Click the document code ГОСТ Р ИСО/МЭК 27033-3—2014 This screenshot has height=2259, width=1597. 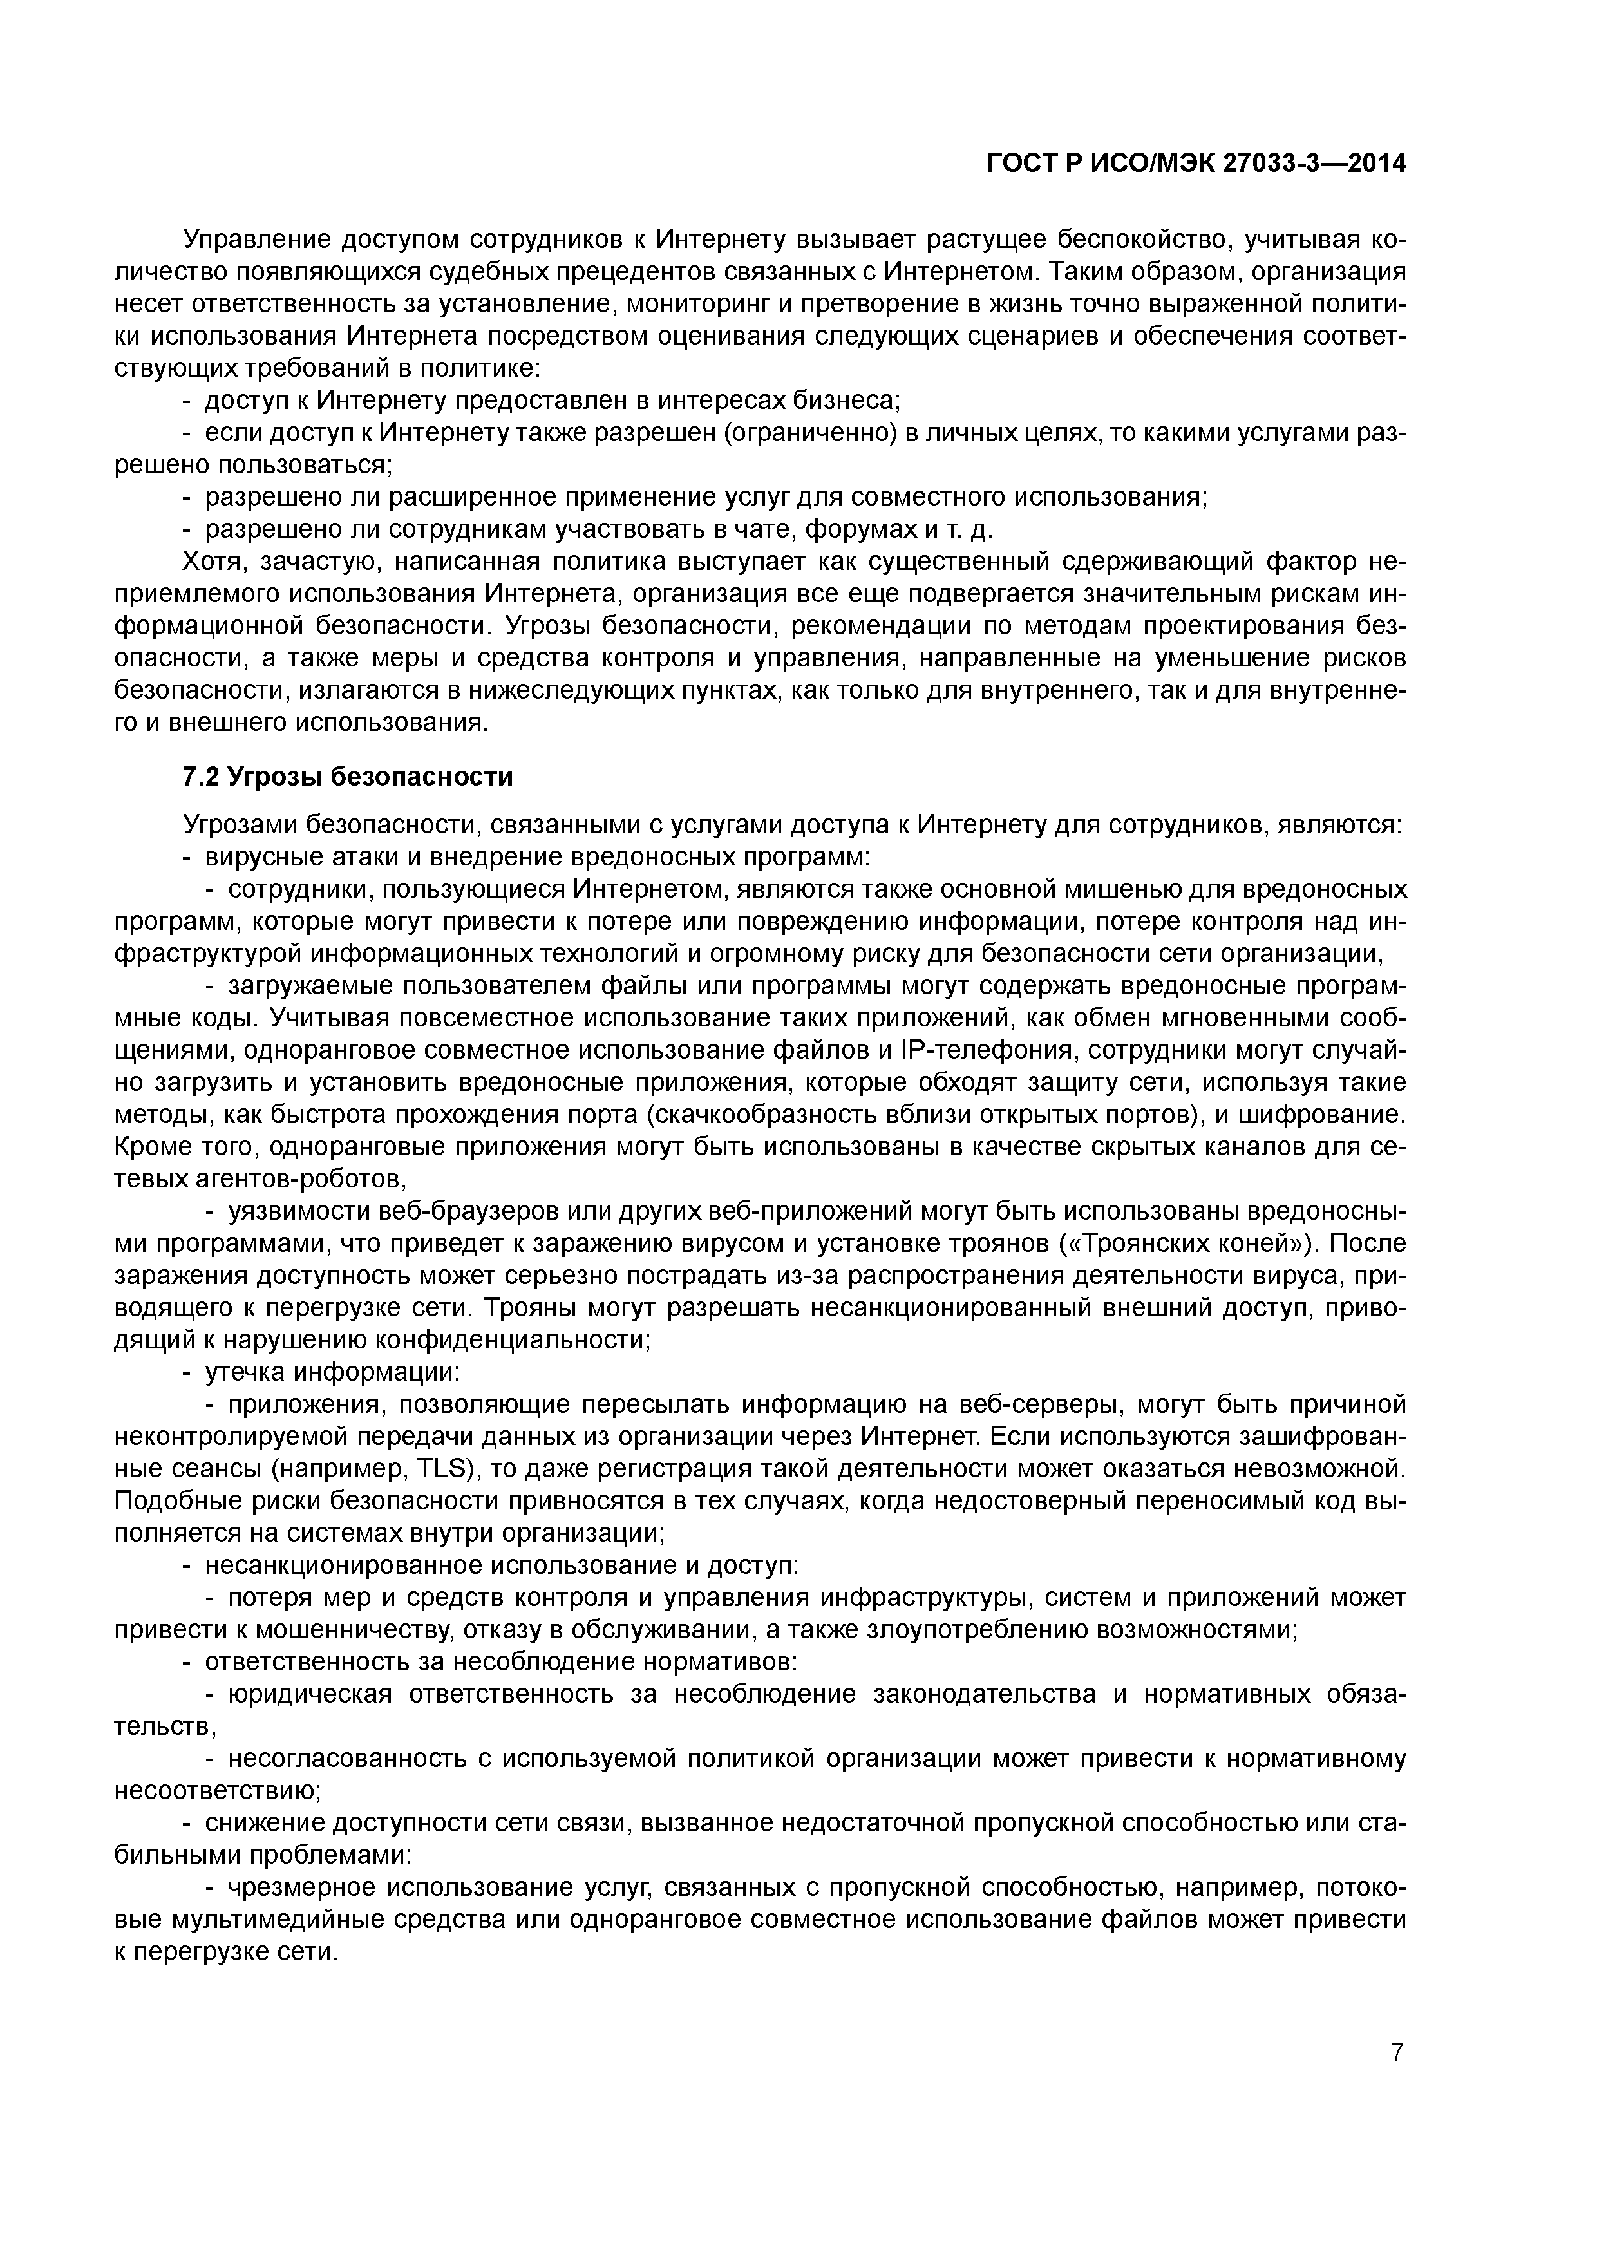(x=1196, y=164)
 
